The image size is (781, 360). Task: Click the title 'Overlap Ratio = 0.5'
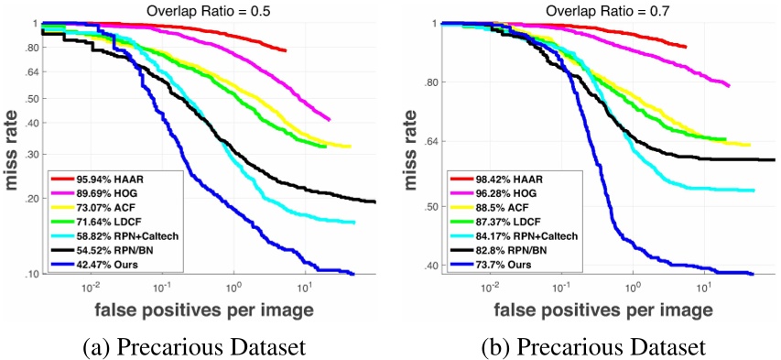[209, 9]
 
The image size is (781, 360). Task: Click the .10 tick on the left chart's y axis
[29, 274]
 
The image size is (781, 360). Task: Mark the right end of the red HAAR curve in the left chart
[287, 50]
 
